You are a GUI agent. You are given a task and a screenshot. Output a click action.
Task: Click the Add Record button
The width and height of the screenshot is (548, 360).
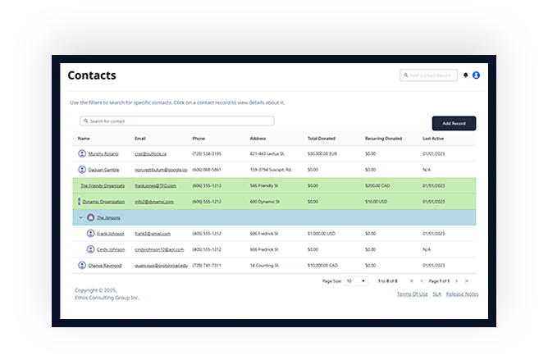[454, 123]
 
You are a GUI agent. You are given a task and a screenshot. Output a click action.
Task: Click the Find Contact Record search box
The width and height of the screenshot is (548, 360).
[428, 75]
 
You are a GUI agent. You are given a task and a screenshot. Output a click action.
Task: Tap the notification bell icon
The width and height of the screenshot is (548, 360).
[466, 75]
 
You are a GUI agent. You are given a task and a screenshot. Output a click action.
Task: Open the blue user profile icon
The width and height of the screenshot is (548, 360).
[476, 75]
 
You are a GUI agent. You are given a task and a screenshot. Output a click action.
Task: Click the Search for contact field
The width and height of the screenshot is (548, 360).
[176, 121]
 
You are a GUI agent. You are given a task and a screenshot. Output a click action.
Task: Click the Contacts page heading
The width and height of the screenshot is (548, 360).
[92, 75]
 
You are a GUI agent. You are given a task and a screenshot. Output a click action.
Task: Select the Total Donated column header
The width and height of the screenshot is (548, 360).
[322, 139]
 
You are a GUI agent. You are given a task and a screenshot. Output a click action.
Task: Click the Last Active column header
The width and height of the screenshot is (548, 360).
[434, 139]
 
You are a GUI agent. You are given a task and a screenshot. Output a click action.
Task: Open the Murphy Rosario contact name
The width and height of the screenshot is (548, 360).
[104, 153]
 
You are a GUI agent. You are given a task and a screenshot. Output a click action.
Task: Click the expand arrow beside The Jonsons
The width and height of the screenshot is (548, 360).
[80, 217]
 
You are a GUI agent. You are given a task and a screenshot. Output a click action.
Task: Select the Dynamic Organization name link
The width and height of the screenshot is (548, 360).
[103, 201]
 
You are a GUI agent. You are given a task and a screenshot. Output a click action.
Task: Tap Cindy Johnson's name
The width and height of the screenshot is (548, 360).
[111, 249]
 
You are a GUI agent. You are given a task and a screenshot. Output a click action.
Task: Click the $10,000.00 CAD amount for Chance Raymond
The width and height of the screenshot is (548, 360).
[325, 266]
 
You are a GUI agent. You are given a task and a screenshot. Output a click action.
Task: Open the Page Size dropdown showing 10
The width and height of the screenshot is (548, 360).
[356, 281]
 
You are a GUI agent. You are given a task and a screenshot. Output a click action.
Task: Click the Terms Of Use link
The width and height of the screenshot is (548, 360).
[412, 294]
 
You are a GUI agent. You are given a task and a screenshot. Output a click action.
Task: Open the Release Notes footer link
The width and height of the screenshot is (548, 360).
[463, 294]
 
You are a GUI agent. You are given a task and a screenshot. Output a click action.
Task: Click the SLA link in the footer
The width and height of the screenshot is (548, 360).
[437, 294]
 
